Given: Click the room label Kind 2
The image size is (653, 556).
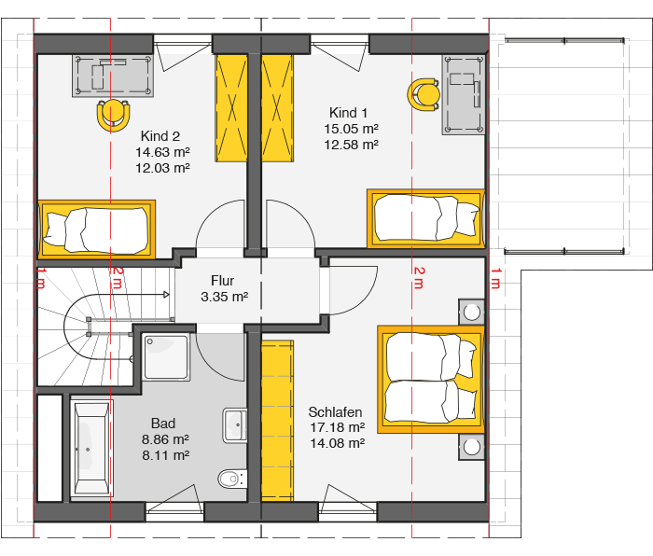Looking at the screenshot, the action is pos(160,136).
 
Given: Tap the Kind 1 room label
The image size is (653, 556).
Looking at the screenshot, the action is pos(348,113).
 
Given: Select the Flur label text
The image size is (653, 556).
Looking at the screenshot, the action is pos(222,281).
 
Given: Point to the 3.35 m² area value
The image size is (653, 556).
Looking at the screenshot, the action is pos(225,297).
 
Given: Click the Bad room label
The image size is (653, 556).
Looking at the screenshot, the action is pos(163,424).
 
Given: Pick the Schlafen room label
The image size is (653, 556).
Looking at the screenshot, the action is pos(335,412).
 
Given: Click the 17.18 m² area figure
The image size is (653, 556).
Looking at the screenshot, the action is pos(338,427).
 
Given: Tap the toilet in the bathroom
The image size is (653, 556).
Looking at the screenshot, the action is pos(232,479).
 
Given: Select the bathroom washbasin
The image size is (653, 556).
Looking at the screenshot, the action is pos(235,425).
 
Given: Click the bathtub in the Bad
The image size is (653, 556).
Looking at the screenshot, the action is pos(90,448).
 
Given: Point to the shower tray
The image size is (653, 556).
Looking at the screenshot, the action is pos(166,357).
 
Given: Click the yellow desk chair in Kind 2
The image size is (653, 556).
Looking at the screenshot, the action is pos(113,116).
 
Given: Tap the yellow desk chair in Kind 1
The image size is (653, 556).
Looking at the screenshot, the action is pos(424,94).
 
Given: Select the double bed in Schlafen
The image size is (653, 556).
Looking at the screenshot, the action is pos(431,380).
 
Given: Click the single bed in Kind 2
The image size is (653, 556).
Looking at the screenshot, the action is pos(97,229).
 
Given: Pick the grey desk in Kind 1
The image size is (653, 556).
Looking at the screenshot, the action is pos(463,95).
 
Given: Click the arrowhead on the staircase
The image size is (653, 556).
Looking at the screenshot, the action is pos(166,295).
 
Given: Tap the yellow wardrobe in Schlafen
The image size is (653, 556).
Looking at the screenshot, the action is pos(277,421).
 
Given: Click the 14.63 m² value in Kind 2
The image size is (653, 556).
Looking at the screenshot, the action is pos(162,152).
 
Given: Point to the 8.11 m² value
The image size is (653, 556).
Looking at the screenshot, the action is pos(166,455).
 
